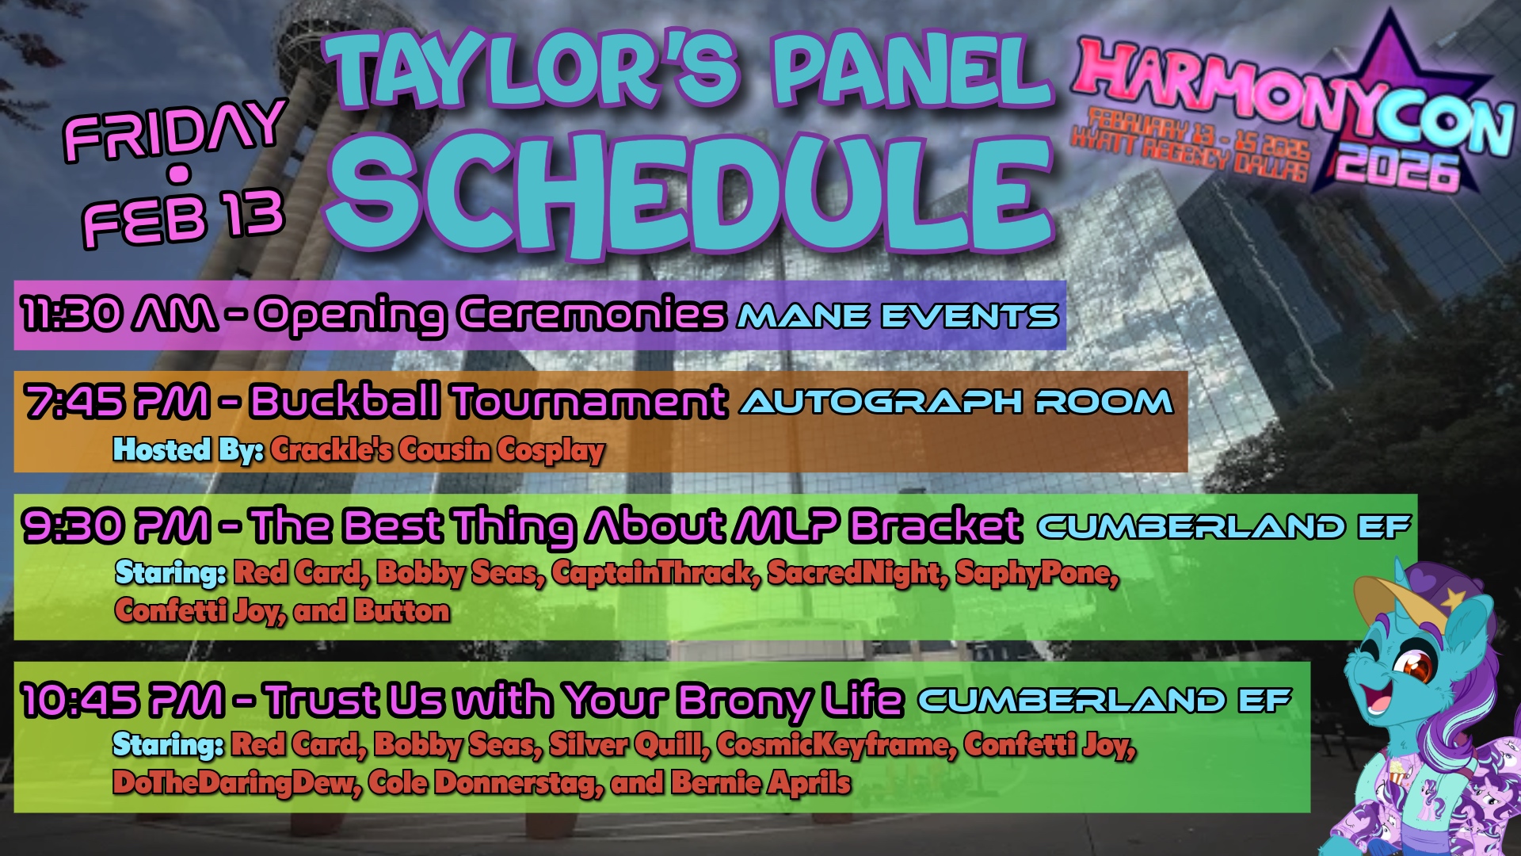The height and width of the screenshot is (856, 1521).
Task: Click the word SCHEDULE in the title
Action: click(x=689, y=194)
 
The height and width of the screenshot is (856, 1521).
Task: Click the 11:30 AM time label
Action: click(x=119, y=315)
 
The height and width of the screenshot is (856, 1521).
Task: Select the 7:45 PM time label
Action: click(x=117, y=401)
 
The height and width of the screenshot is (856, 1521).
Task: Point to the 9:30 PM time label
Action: click(x=117, y=525)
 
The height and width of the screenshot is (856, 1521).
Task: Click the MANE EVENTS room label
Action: click(x=898, y=316)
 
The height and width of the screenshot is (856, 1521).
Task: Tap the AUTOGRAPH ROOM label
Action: click(x=956, y=402)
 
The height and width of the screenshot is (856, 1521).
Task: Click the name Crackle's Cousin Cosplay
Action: click(x=437, y=449)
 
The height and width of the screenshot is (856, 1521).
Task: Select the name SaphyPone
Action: click(x=1037, y=572)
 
